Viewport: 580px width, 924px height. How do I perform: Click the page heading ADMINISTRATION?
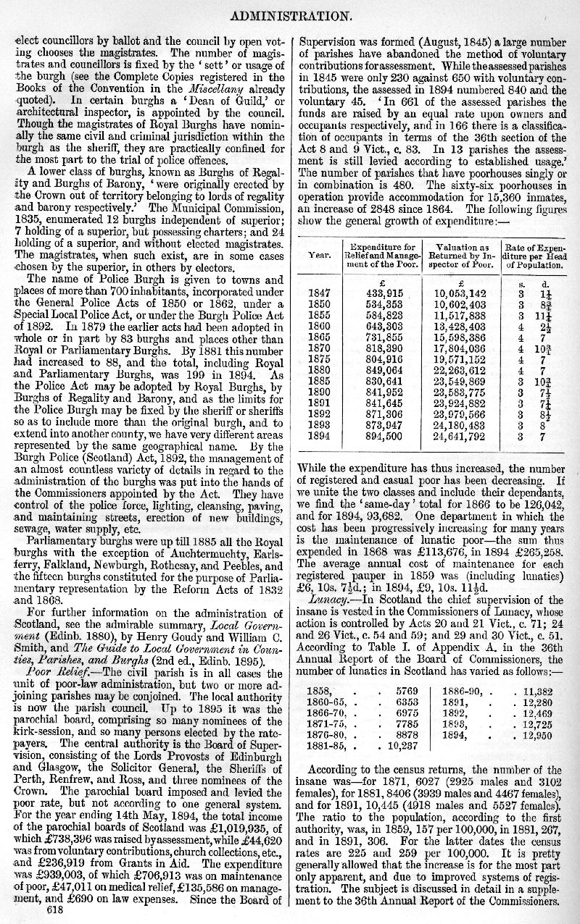290,13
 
